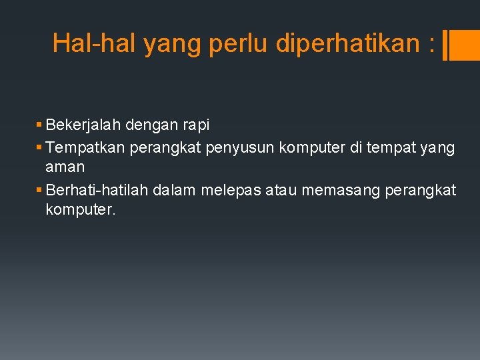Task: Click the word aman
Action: pyautogui.click(x=65, y=167)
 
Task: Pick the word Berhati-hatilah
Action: pyautogui.click(x=98, y=190)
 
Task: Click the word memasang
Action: pyautogui.click(x=342, y=190)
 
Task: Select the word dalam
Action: pyautogui.click(x=174, y=190)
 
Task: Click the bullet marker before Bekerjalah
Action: pyautogui.click(x=40, y=125)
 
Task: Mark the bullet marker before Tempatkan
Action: pyautogui.click(x=40, y=147)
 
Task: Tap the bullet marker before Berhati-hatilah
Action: pyautogui.click(x=40, y=191)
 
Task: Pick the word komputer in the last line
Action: pyautogui.click(x=80, y=210)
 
